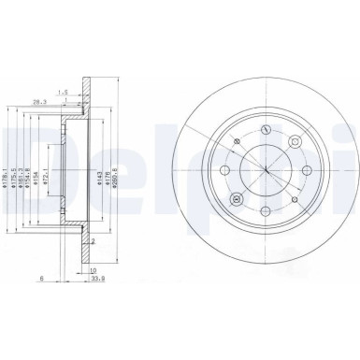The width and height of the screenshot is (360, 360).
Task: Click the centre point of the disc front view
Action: click(266, 173)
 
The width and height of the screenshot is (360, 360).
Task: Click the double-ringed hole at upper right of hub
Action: click(295, 143)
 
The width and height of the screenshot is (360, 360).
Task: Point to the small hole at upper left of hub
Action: click(238, 141)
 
